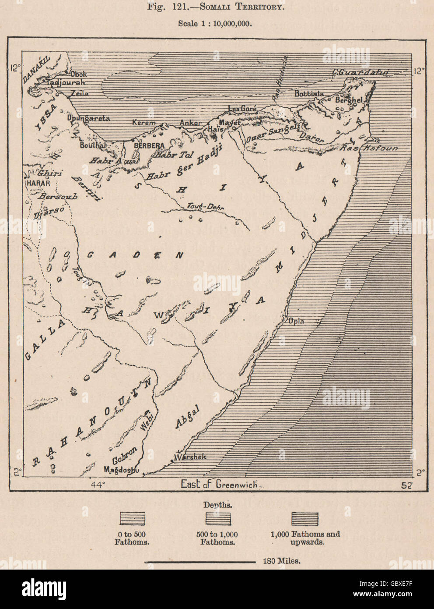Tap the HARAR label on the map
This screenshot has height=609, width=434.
click(x=38, y=183)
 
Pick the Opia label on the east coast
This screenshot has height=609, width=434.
click(x=297, y=321)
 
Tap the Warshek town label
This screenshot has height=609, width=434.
click(x=190, y=457)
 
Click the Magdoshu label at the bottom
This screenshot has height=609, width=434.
click(x=121, y=470)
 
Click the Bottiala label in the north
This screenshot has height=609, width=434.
click(x=310, y=94)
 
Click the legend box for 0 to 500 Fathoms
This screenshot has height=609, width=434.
click(x=132, y=519)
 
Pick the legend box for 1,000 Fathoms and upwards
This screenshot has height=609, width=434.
click(x=305, y=519)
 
